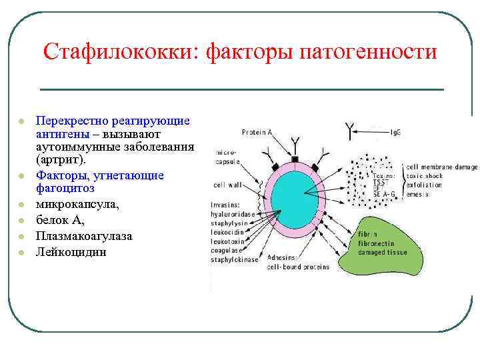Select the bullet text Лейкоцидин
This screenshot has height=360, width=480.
pos(71,253)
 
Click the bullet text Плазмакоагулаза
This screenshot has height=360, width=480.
pos(84,237)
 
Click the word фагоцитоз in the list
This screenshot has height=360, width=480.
pos(65,189)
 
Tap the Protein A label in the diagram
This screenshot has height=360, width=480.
pos(257,132)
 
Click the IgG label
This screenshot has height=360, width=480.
pos(396,133)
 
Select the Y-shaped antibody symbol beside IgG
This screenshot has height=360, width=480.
pos(349,131)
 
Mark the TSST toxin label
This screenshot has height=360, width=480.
pos(381,181)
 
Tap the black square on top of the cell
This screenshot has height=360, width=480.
pos(295,160)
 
